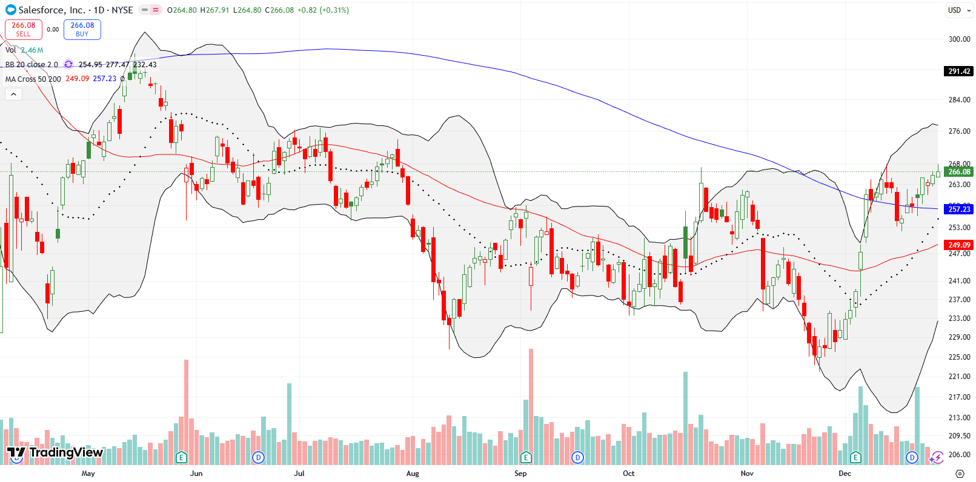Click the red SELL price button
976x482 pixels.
tap(24, 29)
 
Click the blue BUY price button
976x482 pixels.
tap(82, 29)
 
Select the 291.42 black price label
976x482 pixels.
tap(959, 71)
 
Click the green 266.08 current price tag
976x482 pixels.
tap(959, 172)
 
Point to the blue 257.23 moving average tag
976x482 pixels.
tap(959, 209)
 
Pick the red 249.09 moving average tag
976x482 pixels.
tap(959, 245)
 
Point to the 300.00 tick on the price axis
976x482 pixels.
tap(959, 39)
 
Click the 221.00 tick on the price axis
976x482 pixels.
tap(959, 377)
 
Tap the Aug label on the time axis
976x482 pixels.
tap(413, 474)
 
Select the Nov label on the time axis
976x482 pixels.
tap(747, 474)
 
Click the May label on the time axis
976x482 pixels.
tap(88, 474)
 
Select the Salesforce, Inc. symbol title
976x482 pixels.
tap(51, 10)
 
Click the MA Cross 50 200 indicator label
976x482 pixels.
tap(33, 79)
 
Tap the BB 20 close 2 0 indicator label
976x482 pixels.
tap(32, 65)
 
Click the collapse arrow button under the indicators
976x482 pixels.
tap(13, 94)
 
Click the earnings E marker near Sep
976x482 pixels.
tap(526, 457)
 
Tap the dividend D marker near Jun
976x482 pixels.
tap(259, 457)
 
